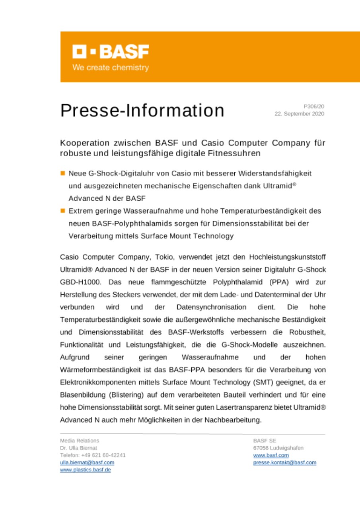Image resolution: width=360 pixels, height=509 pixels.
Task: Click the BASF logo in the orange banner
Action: point(111,52)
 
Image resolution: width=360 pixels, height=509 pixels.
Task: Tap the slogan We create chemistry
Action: point(111,68)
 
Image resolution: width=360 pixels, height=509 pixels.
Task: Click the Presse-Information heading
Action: point(142,110)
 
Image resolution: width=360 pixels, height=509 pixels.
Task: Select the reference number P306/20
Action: point(314,107)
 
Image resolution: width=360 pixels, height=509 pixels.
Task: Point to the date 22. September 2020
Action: point(299,114)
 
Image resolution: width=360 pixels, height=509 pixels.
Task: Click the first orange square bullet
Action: point(62,173)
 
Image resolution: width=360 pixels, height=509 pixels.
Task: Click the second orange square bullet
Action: point(62,210)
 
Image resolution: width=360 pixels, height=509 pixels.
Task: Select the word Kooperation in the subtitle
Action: point(82,142)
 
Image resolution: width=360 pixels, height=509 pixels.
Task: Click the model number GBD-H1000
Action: point(79,282)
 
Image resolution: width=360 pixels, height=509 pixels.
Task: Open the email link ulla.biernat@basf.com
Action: point(87,462)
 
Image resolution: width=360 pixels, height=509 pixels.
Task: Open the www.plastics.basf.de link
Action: point(86,470)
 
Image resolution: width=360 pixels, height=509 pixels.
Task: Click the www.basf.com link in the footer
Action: point(271,455)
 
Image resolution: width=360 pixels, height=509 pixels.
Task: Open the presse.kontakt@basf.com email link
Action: point(284,462)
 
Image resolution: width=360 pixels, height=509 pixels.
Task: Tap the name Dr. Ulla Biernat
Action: point(78,448)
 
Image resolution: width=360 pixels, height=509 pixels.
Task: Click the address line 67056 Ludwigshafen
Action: point(278,448)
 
